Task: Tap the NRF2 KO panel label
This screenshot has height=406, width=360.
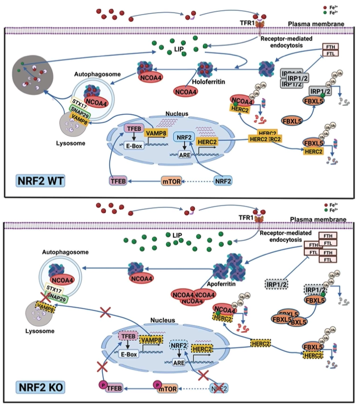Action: click(36, 388)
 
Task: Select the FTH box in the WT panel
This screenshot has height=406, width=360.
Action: click(330, 47)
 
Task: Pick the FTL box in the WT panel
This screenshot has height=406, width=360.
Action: click(330, 55)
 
